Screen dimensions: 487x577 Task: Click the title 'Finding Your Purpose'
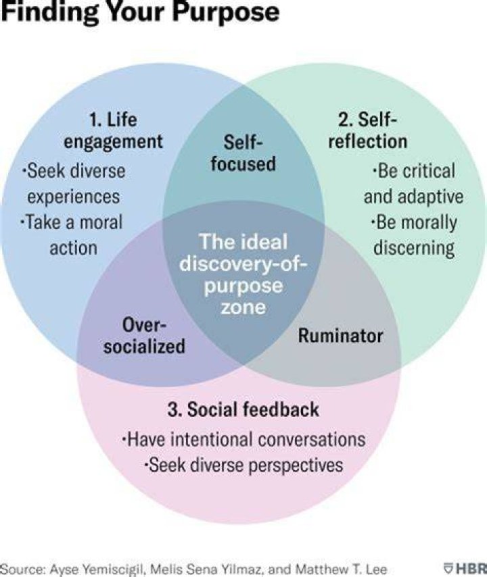pyautogui.click(x=140, y=11)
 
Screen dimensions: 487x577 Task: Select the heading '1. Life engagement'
pyautogui.click(x=113, y=130)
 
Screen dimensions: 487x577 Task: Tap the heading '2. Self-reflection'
pyautogui.click(x=368, y=130)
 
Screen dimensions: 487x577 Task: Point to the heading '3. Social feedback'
pyautogui.click(x=243, y=409)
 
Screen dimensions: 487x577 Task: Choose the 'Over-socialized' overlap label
pyautogui.click(x=144, y=336)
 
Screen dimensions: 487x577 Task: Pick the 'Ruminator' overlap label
pyautogui.click(x=340, y=336)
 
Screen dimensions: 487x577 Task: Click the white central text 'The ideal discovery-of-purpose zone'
pyautogui.click(x=243, y=274)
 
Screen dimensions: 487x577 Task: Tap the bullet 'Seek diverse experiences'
pyautogui.click(x=73, y=184)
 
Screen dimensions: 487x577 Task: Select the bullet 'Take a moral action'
pyautogui.click(x=72, y=234)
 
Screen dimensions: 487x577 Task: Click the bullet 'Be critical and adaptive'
pyautogui.click(x=414, y=184)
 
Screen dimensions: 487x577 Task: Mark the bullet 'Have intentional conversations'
pyautogui.click(x=243, y=439)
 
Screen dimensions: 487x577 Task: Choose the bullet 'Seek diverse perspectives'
pyautogui.click(x=243, y=465)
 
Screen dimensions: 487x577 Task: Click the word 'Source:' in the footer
pyautogui.click(x=23, y=569)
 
